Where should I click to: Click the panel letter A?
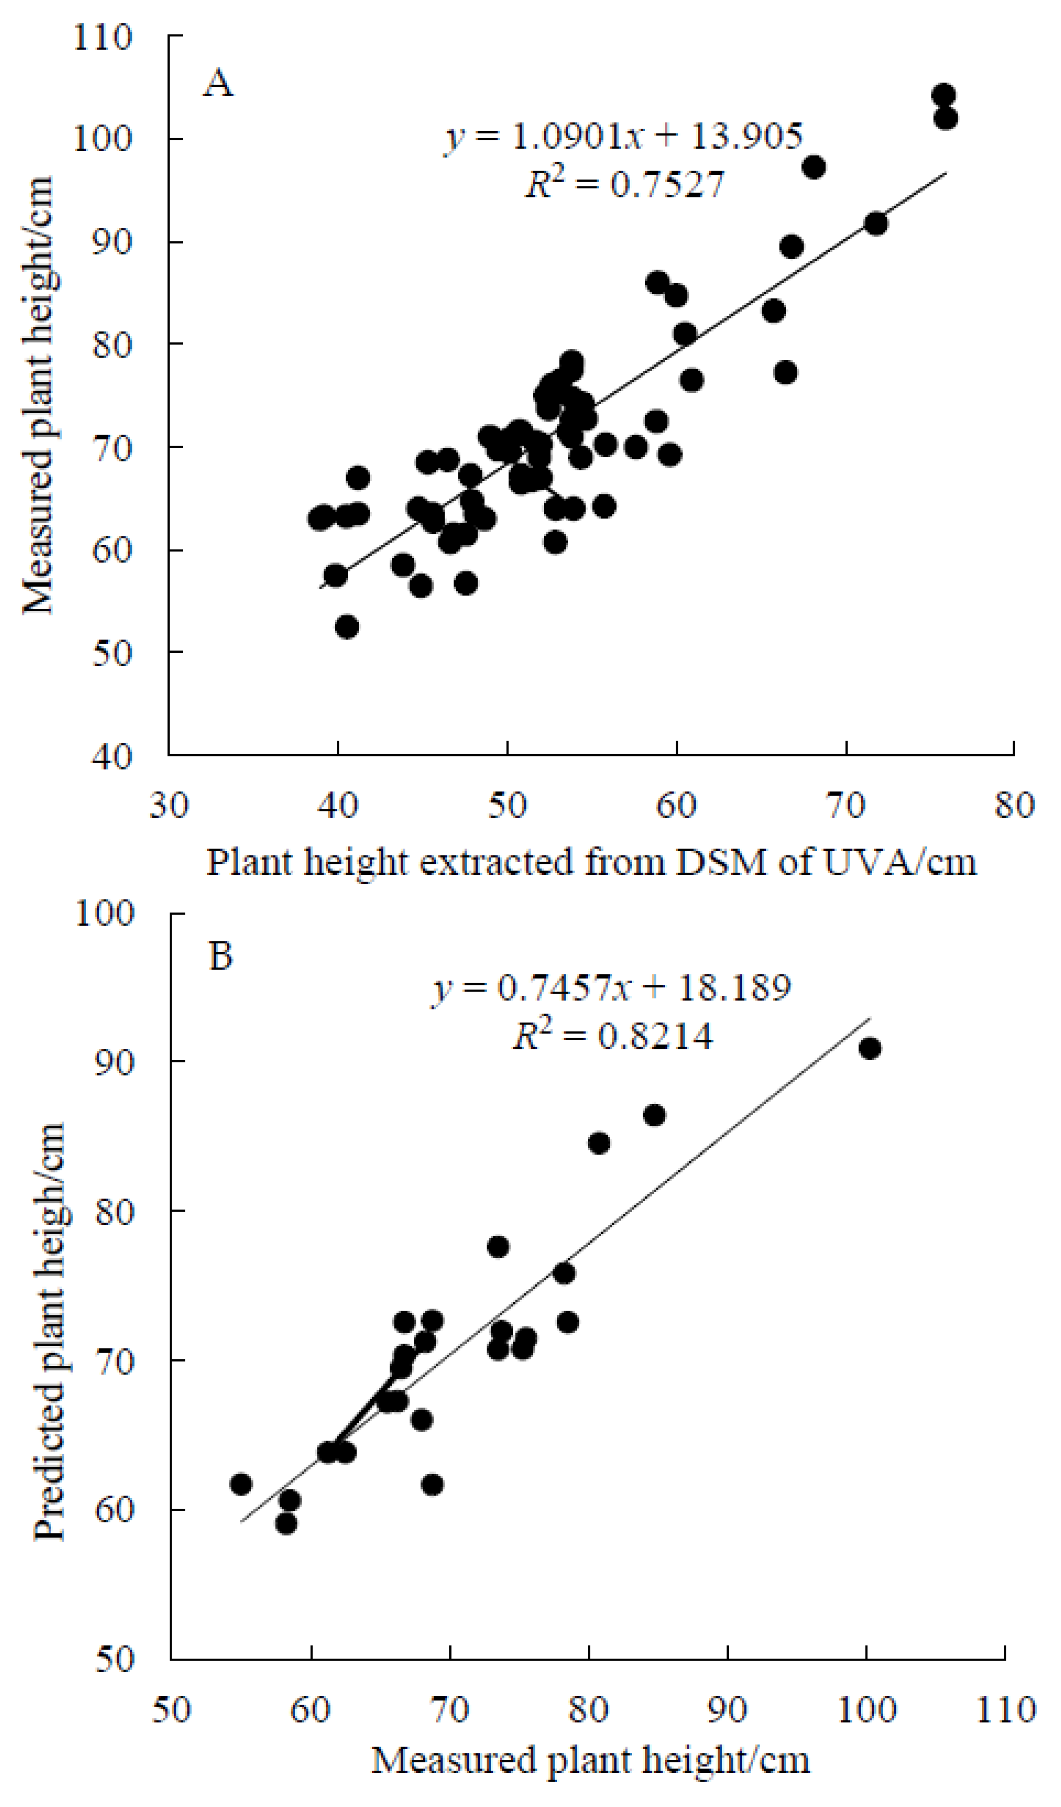coord(218,85)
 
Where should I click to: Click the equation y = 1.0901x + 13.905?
coord(623,136)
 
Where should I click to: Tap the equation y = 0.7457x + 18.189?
coord(611,988)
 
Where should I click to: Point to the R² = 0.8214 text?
coord(612,1036)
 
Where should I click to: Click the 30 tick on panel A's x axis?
coord(169,805)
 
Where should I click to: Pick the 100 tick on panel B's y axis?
coord(105,914)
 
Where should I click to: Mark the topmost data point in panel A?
coord(944,95)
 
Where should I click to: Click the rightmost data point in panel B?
coord(870,1049)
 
